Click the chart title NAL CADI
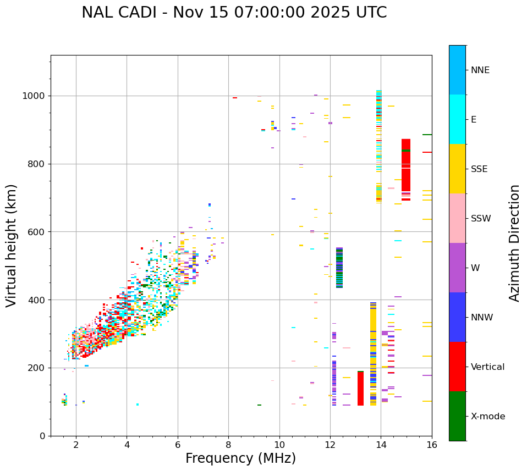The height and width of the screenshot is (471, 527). coord(234,13)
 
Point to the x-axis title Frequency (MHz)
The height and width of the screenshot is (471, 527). coord(240,458)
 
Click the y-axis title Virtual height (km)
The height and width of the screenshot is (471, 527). coord(12,245)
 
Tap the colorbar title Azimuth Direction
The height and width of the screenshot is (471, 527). coord(514,243)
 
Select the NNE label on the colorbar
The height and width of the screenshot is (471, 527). coord(480,70)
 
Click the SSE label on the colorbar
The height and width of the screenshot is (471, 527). coord(479,169)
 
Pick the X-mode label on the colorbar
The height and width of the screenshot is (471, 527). coord(487,417)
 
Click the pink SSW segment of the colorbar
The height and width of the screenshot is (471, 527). coord(457,218)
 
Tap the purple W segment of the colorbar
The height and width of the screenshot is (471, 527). coord(457,268)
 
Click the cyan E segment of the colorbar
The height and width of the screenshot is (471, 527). coord(457,119)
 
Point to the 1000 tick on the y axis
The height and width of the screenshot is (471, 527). coord(36,96)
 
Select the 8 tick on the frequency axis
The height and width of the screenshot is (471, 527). coord(228,445)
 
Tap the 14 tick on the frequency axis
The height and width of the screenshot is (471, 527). coord(381,445)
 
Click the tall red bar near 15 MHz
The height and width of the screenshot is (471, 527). coord(406,168)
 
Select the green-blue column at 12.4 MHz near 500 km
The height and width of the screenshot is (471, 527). coord(339,268)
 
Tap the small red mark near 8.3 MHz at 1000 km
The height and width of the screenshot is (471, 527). coord(235,98)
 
